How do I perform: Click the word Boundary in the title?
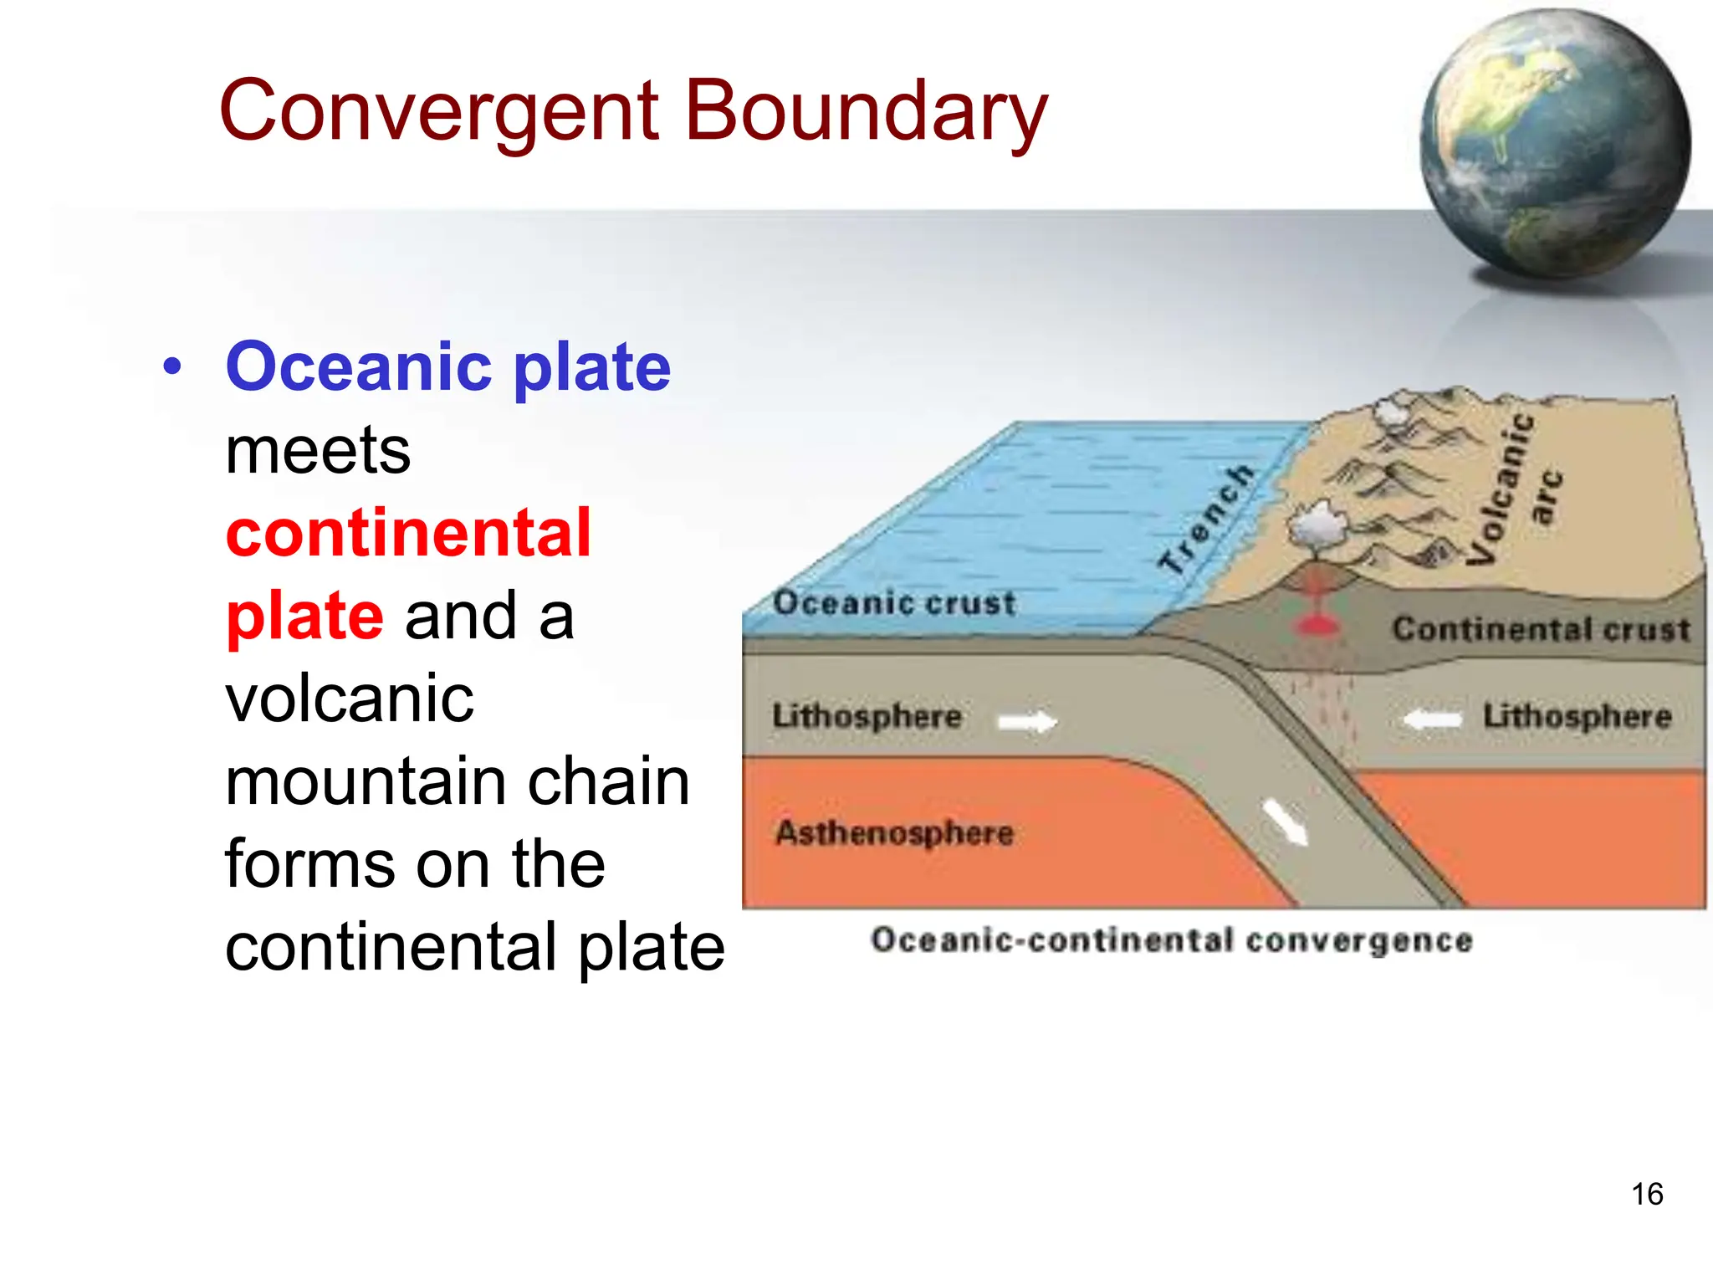click(866, 113)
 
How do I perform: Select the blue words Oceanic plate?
click(448, 367)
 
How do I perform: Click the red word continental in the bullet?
click(408, 533)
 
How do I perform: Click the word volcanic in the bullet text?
click(350, 698)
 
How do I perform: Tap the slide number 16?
click(1647, 1194)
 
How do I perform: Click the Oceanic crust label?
click(893, 603)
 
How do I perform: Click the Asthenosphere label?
click(894, 832)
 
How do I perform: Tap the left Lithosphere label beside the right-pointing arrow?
click(867, 716)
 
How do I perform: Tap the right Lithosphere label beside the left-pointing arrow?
click(1577, 716)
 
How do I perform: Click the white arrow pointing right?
click(1028, 720)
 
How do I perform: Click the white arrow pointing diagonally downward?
click(1285, 822)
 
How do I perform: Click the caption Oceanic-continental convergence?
click(1171, 940)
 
